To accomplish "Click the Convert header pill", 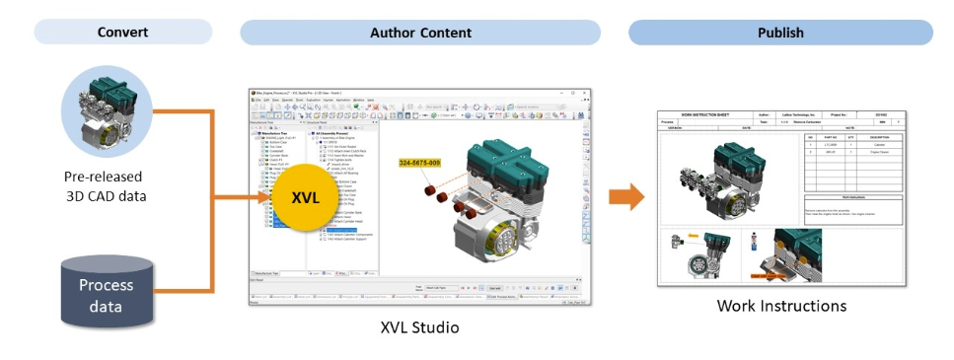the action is click(x=123, y=33).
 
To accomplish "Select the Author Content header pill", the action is click(x=420, y=33).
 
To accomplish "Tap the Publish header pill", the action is click(x=779, y=33).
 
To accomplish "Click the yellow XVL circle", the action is click(x=306, y=197).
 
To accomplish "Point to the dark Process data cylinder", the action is click(x=107, y=290).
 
